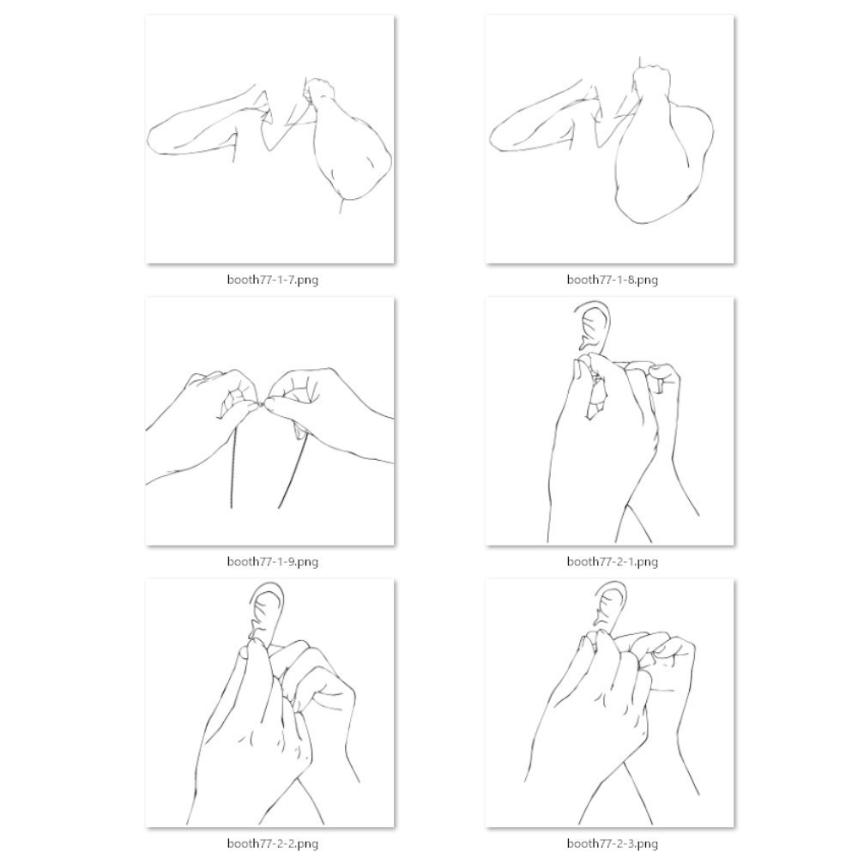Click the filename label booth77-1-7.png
(273, 280)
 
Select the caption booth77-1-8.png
(613, 280)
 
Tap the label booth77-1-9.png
(273, 561)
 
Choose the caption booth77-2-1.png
(613, 561)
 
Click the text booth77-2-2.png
(273, 843)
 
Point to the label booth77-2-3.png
(613, 843)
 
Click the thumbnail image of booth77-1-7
(269, 139)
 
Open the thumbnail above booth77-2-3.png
(609, 703)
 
